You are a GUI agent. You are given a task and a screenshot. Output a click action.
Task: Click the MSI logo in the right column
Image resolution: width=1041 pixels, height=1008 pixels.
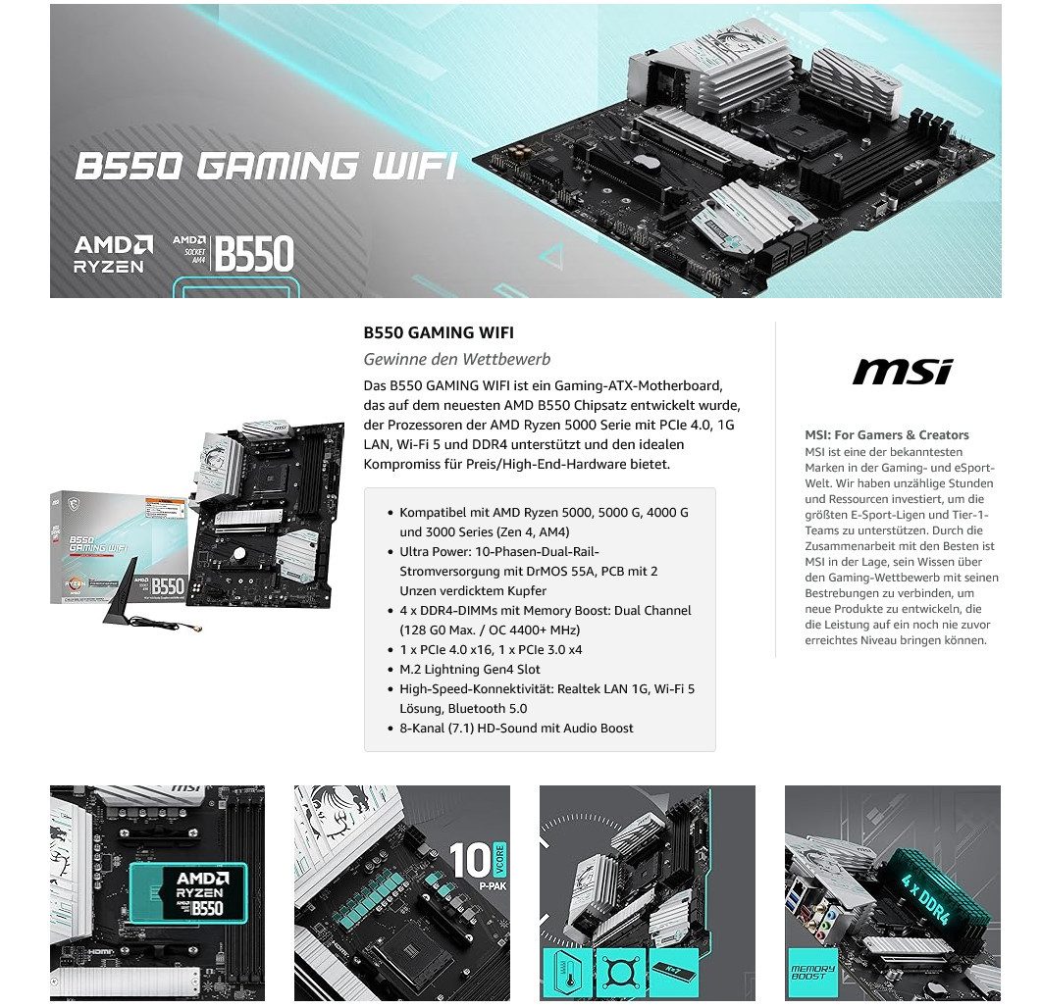(x=902, y=372)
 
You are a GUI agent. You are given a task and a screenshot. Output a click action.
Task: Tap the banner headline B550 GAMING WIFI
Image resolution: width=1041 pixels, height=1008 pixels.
(x=266, y=166)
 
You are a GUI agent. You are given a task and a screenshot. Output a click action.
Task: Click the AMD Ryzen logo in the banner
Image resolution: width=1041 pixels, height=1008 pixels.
(x=114, y=253)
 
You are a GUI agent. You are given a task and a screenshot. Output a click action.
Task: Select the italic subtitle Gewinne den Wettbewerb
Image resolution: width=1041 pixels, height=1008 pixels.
(x=457, y=359)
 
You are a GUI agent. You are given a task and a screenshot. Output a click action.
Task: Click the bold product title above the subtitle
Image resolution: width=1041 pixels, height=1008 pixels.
(x=439, y=333)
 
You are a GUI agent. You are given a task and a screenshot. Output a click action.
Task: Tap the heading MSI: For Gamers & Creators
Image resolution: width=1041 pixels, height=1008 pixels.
(x=886, y=434)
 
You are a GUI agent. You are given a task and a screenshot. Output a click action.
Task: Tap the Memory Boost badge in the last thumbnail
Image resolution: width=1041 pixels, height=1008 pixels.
(x=812, y=972)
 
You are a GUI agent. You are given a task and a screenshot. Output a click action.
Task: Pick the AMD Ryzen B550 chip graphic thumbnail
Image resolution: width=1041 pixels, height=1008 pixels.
(x=193, y=890)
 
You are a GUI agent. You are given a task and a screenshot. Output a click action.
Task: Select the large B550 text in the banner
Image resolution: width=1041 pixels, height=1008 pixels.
(x=254, y=254)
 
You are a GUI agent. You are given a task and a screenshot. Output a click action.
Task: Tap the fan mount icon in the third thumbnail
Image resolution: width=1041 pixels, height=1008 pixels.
(x=620, y=973)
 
